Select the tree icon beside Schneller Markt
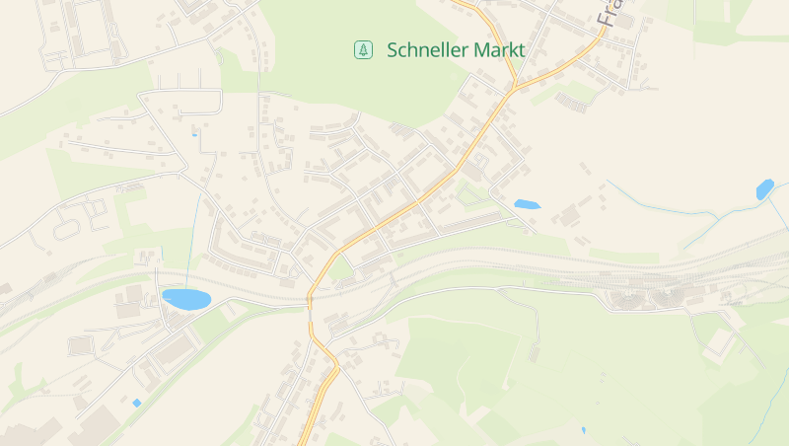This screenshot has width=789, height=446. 364,49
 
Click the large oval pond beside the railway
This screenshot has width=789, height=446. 186,298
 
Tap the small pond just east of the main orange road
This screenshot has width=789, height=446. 527,204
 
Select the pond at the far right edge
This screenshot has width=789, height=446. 764,188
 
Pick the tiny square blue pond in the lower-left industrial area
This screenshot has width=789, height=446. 136,403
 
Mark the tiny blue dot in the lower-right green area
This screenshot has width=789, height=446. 583,430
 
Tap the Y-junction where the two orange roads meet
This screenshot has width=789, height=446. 514,88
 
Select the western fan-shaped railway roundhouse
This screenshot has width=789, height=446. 632,295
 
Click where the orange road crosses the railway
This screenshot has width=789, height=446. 310,298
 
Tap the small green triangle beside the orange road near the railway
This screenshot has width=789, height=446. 340,267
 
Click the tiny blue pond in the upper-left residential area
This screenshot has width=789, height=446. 194,134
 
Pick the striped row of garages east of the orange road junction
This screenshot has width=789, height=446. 572,100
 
